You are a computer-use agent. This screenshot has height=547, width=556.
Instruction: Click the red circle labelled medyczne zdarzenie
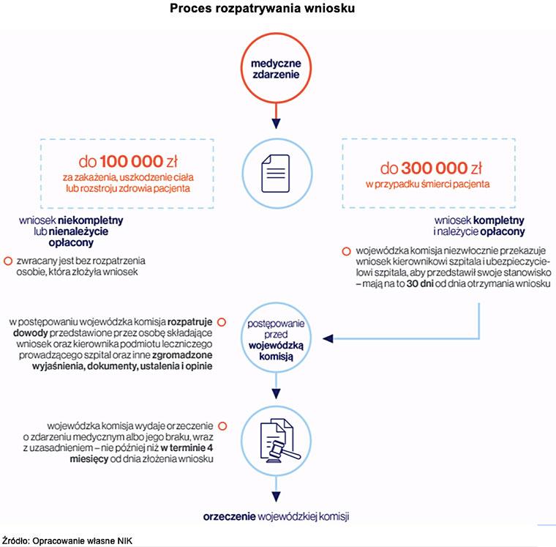pos(277,70)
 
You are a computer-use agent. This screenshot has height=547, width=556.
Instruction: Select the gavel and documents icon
pos(277,440)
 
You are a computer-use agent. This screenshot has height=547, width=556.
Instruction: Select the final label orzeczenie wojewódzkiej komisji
pos(276,516)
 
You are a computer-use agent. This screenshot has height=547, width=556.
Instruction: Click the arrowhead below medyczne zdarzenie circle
pos(277,122)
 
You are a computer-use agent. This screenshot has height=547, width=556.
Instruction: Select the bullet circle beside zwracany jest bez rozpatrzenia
pos(8,261)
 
